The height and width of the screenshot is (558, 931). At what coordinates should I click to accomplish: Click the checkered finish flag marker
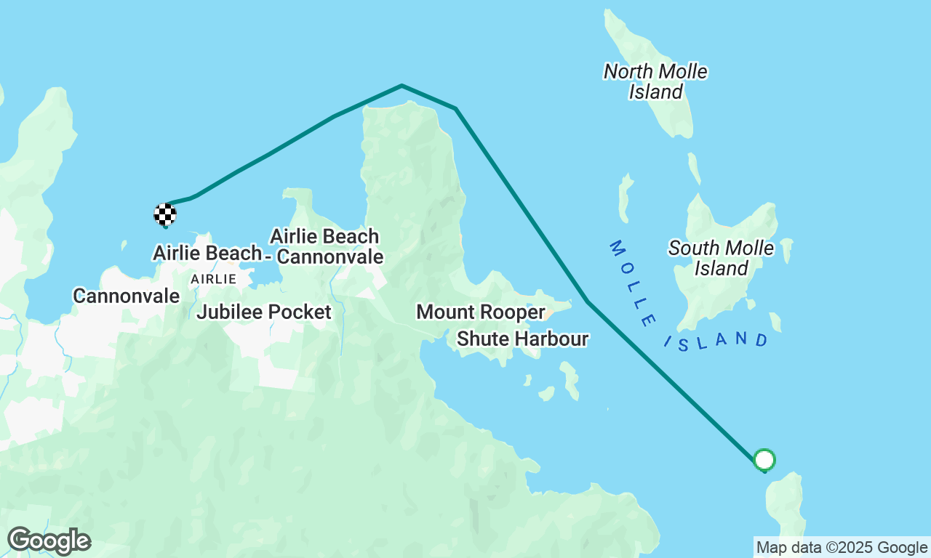tap(165, 214)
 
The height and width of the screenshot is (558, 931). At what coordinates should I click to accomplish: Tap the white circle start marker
tap(764, 459)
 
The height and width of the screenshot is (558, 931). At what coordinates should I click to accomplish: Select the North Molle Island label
tap(655, 81)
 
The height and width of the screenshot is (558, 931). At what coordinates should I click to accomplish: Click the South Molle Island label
tap(721, 258)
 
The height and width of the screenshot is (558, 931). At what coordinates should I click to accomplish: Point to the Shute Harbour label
tap(522, 339)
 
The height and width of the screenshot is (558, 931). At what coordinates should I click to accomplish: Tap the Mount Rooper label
tap(480, 312)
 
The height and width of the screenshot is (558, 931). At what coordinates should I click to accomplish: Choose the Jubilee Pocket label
tap(263, 312)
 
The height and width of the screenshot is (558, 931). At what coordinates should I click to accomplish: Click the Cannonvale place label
tap(126, 296)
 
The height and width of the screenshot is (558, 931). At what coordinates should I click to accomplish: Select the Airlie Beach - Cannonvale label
tap(325, 246)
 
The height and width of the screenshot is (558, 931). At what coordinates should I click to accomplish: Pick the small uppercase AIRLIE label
tap(213, 279)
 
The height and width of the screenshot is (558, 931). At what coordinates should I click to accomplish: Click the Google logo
tap(49, 541)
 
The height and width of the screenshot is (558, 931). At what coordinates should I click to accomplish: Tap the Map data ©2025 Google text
tap(842, 548)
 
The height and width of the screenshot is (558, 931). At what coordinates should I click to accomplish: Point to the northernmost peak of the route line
tap(401, 86)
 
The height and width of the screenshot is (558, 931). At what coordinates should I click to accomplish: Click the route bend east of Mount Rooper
tap(588, 301)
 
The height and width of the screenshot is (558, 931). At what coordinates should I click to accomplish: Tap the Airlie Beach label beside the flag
tap(207, 253)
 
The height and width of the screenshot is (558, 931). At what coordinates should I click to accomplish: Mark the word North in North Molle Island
tap(629, 71)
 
